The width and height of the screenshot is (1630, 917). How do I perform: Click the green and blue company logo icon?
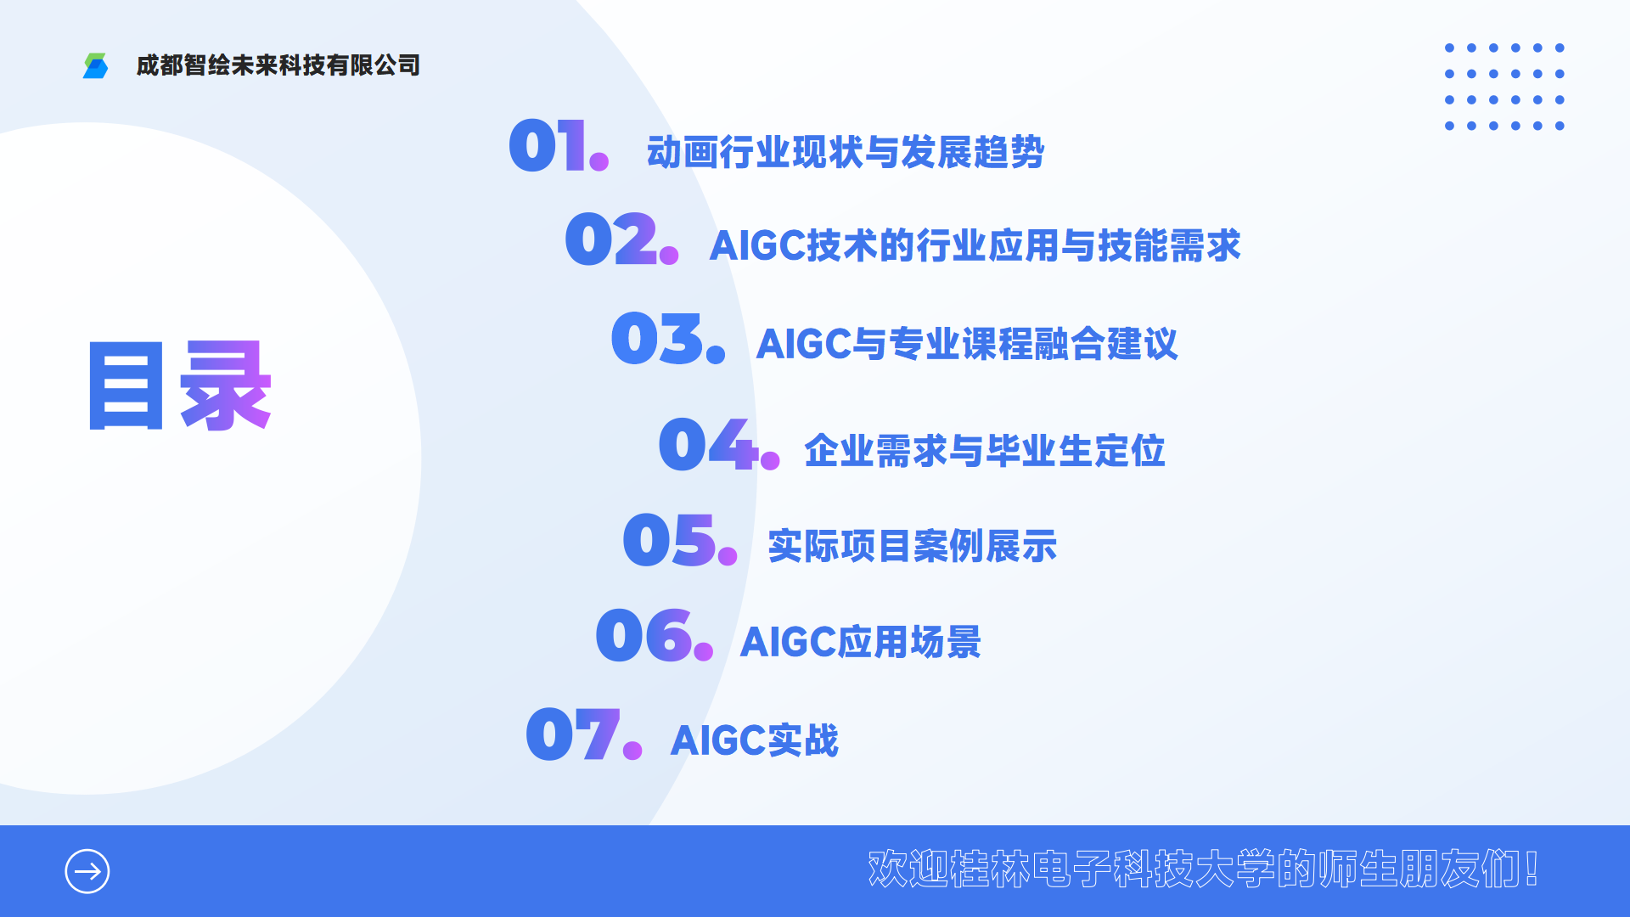95,65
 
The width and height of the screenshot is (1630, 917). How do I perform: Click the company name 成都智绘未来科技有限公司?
278,65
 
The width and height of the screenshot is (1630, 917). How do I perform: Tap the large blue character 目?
126,386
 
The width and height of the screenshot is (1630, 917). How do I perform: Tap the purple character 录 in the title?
225,386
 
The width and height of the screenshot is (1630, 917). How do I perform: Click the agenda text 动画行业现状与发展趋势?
846,153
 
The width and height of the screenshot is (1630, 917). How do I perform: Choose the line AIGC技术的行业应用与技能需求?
975,245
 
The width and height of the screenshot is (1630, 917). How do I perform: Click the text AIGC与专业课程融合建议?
967,344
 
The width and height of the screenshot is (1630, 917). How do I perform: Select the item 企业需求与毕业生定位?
985,451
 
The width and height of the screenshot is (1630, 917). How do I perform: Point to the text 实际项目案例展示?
913,546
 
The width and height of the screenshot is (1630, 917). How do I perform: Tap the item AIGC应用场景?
861,642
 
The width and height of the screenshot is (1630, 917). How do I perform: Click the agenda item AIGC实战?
755,740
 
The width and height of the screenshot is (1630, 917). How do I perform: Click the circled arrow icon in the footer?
87,871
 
